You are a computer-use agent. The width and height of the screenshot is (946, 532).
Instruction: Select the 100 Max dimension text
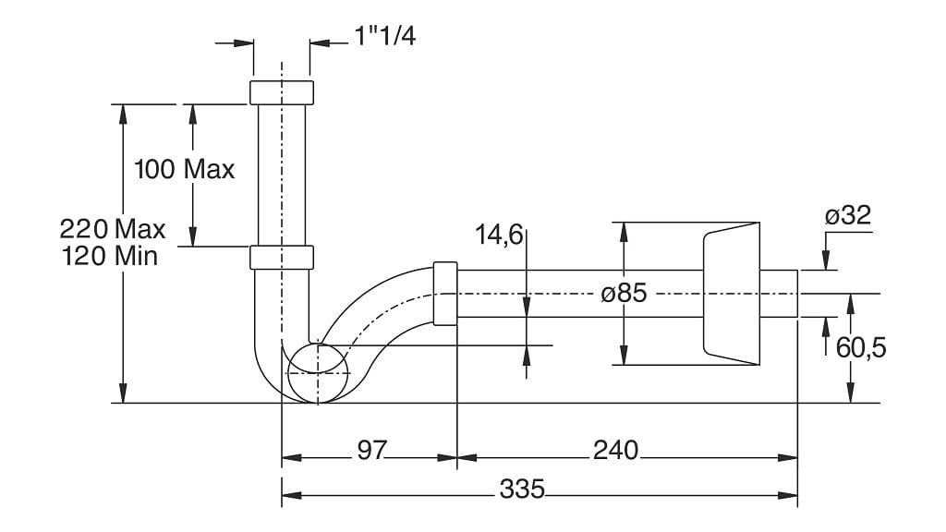pos(185,170)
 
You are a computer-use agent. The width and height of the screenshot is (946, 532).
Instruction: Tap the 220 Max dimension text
pos(113,228)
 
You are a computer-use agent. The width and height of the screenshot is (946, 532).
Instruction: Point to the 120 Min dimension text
pos(110,256)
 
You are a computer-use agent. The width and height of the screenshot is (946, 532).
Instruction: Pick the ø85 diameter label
pos(624,295)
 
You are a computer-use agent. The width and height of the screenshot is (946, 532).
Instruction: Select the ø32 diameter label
pos(847,216)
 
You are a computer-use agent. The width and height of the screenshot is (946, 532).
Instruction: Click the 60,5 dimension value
pos(861,348)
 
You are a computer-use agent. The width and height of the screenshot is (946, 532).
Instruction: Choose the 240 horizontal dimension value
pos(615,450)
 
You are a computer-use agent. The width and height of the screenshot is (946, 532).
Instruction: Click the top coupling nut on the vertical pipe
pos(282,92)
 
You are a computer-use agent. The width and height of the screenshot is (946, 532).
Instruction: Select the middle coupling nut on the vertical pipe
pos(282,257)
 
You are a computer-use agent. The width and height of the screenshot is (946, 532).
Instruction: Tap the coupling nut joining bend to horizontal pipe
pos(444,294)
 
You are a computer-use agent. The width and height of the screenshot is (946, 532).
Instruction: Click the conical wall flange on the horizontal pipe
pos(731,294)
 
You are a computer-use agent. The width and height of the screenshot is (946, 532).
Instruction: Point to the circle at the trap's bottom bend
pos(318,373)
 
